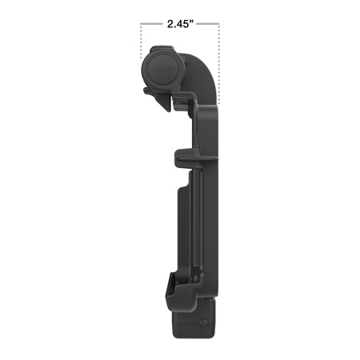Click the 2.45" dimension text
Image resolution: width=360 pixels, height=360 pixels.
(180, 24)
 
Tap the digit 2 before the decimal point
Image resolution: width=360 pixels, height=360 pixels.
(170, 24)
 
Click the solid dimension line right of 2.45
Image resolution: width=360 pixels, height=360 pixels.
(208, 24)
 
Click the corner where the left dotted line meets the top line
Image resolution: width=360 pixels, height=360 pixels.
(142, 24)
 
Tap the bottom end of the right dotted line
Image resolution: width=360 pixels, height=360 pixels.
(219, 102)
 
